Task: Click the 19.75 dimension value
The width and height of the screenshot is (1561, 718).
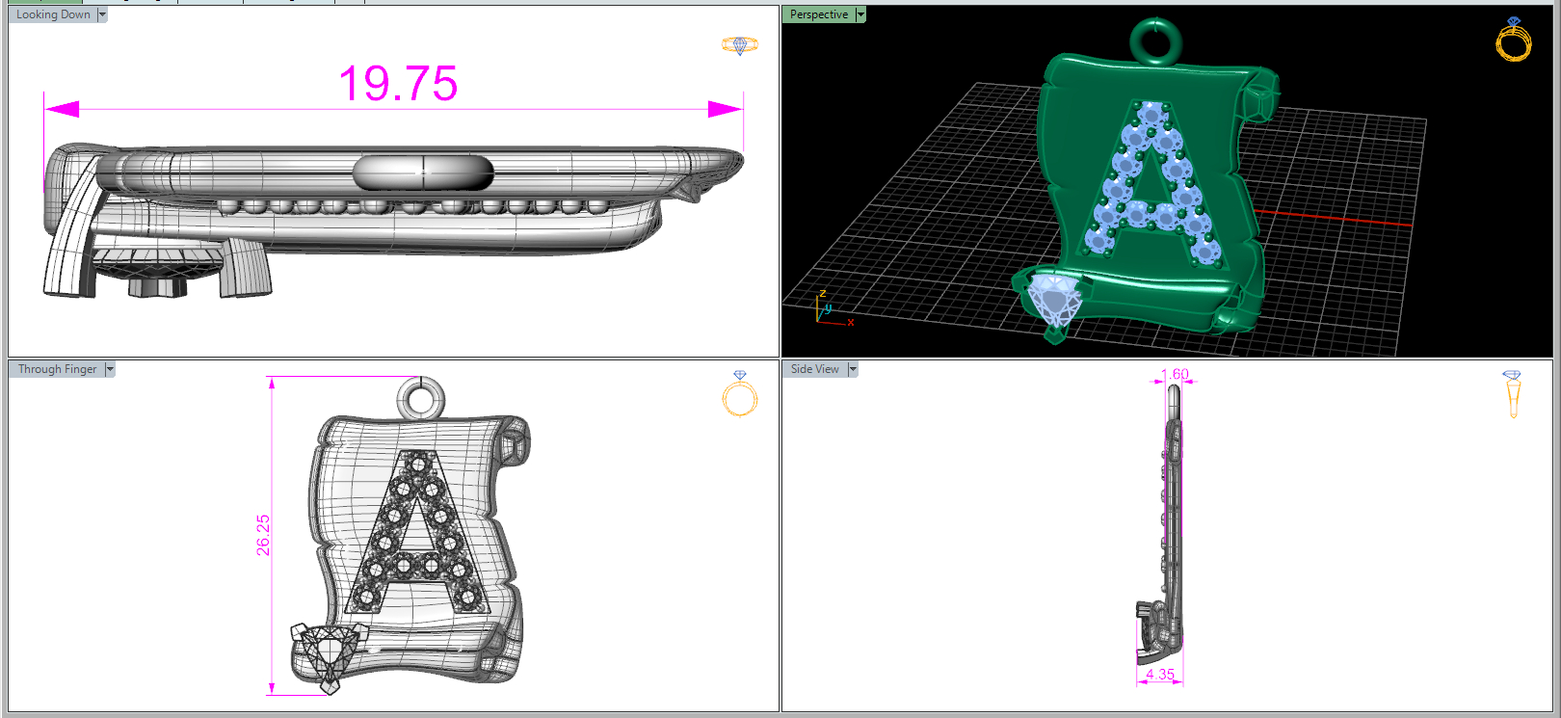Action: point(398,84)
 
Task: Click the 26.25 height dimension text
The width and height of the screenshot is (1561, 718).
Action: point(263,535)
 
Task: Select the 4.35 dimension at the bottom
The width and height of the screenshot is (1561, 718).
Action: point(1159,674)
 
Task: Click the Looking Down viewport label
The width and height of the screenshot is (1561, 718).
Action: point(53,14)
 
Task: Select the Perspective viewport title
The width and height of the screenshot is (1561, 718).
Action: point(819,14)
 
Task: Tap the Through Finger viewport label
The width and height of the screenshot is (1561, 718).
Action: point(57,369)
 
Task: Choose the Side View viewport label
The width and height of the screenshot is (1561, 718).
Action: point(814,369)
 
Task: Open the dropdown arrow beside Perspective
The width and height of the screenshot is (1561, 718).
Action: point(860,14)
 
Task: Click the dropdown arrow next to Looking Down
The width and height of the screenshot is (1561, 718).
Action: point(102,14)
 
